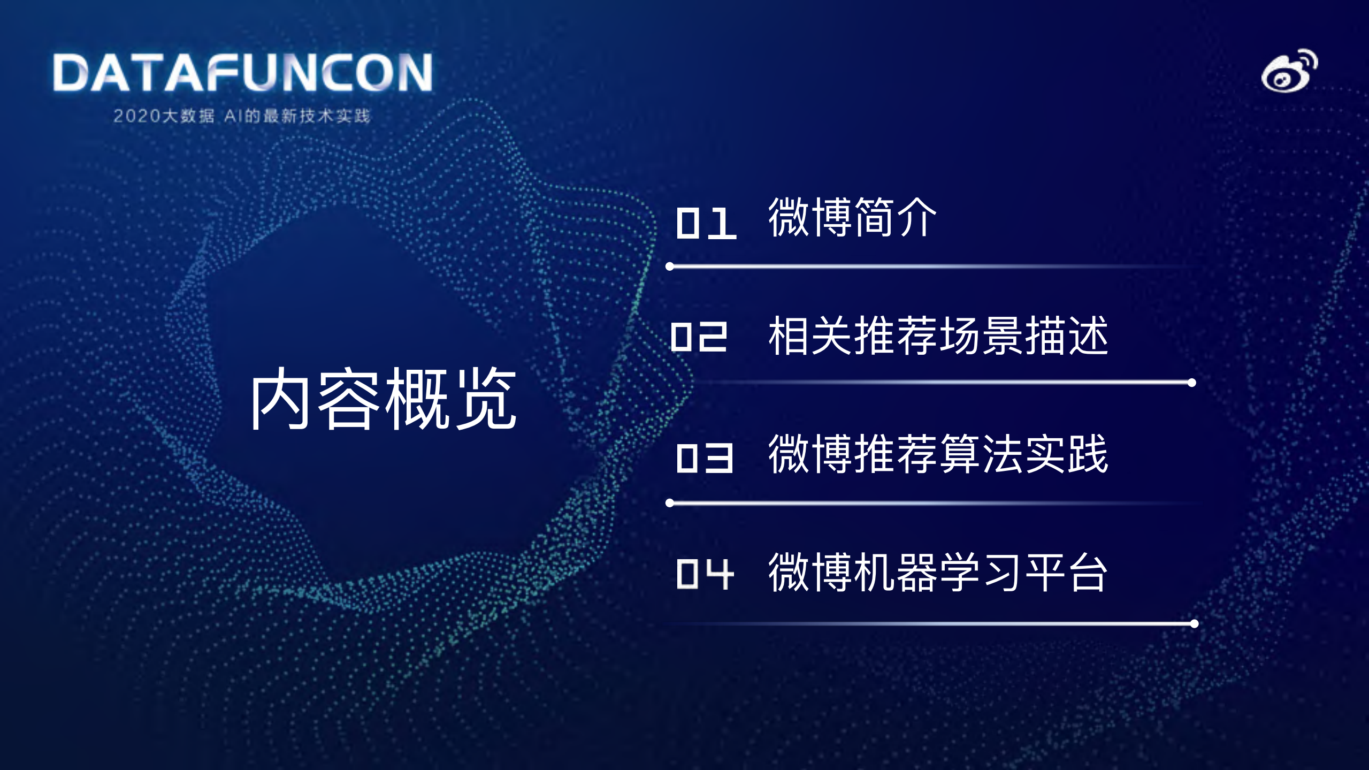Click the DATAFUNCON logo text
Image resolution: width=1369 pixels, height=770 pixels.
[242, 72]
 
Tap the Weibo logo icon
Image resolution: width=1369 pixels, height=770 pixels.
[1289, 72]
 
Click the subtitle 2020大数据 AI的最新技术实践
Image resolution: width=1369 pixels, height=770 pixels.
[241, 116]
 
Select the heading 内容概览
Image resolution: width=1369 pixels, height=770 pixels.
[383, 399]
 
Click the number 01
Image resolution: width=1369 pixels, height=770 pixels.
[706, 223]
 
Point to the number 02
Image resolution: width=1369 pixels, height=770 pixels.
[699, 337]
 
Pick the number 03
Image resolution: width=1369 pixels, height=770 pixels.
[705, 458]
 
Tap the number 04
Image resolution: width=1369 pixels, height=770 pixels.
[705, 574]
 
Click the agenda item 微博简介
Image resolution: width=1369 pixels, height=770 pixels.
[852, 217]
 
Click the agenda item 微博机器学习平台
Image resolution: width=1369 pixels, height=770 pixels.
[938, 573]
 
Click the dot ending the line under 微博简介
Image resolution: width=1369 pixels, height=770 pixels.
[670, 266]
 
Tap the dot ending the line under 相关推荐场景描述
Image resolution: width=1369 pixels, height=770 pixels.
[1192, 383]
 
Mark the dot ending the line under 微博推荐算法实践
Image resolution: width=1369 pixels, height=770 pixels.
[670, 503]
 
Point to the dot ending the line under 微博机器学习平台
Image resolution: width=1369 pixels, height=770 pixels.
[1194, 623]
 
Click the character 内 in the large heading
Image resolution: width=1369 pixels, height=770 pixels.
[280, 399]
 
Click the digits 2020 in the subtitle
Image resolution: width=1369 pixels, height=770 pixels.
[137, 116]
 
